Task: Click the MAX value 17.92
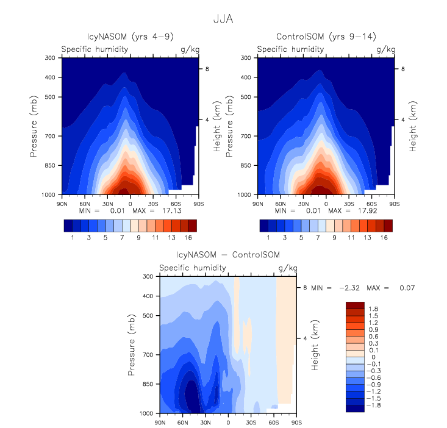[x=361, y=210]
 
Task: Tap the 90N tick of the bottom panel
[x=160, y=422]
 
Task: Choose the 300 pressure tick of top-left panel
[x=50, y=58]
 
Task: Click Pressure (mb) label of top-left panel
[x=34, y=126]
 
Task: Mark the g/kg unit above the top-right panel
[x=385, y=49]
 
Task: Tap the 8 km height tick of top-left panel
[x=207, y=70]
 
